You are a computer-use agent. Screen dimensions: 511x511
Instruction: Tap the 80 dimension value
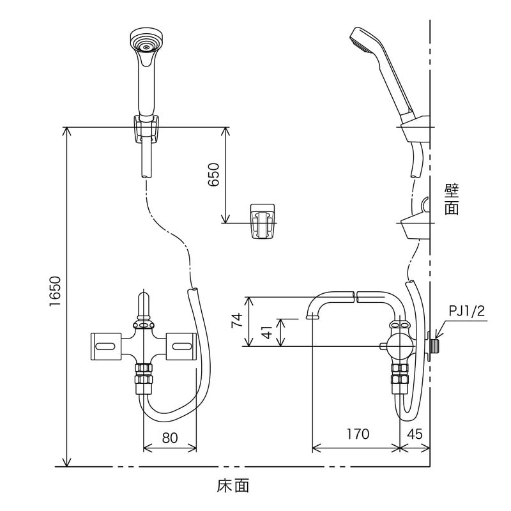[x=169, y=439]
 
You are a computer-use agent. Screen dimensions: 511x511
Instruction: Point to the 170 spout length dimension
[x=358, y=434]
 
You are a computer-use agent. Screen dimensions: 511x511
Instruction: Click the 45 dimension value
[x=415, y=434]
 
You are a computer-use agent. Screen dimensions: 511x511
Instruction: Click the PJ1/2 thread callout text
[x=467, y=311]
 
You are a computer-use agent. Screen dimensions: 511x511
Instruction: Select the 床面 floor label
[x=233, y=485]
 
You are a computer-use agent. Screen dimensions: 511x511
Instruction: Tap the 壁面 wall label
[x=452, y=199]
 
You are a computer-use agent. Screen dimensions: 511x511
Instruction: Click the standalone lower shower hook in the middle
[x=262, y=222]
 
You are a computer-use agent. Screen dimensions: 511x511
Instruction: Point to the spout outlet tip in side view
[x=312, y=316]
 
